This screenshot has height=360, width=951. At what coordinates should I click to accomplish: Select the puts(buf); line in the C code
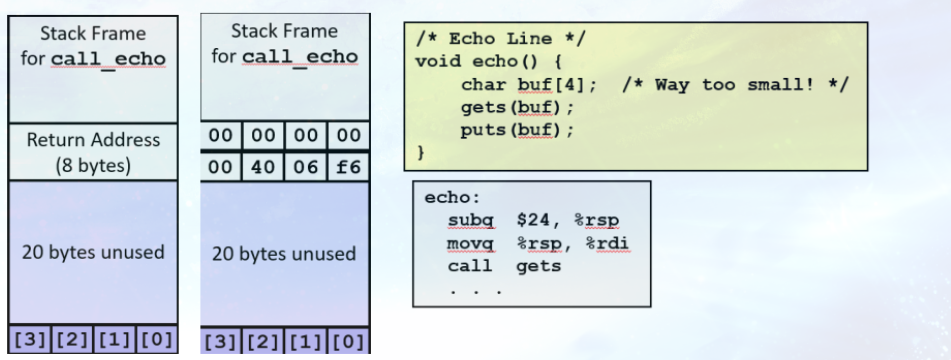505,130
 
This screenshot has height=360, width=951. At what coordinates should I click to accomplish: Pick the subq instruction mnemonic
468,222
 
